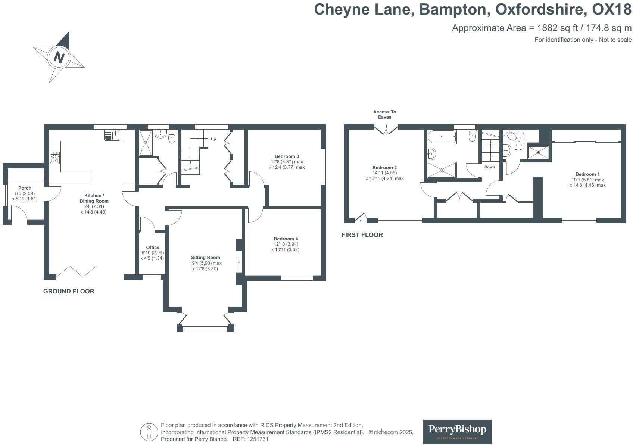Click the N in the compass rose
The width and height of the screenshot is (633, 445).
pyautogui.click(x=59, y=57)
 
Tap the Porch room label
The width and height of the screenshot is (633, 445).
pyautogui.click(x=25, y=188)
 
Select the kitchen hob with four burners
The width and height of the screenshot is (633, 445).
pyautogui.click(x=54, y=158)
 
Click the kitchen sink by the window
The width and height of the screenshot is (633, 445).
pyautogui.click(x=112, y=135)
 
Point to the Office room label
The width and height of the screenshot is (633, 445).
pyautogui.click(x=153, y=248)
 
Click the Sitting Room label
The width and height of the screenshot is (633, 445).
pyautogui.click(x=205, y=258)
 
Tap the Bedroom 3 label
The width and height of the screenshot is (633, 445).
pyautogui.click(x=287, y=156)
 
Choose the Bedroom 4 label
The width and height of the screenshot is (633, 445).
pyautogui.click(x=286, y=239)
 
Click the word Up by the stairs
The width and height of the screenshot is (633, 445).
pyautogui.click(x=213, y=139)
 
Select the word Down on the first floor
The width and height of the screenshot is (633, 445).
pyautogui.click(x=490, y=167)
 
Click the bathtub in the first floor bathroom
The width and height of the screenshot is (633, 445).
pyautogui.click(x=442, y=137)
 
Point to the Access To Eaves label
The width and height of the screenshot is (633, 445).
pyautogui.click(x=384, y=115)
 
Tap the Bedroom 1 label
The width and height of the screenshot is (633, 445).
pyautogui.click(x=587, y=174)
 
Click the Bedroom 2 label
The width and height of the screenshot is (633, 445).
pyautogui.click(x=384, y=168)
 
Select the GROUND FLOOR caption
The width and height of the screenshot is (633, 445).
pyautogui.click(x=69, y=291)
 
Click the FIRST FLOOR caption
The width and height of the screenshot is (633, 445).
pyautogui.click(x=362, y=235)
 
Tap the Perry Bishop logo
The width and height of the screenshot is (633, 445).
pyautogui.click(x=457, y=432)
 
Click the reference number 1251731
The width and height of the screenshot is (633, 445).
pyautogui.click(x=258, y=439)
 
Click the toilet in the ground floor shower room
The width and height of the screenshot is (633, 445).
pyautogui.click(x=172, y=138)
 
